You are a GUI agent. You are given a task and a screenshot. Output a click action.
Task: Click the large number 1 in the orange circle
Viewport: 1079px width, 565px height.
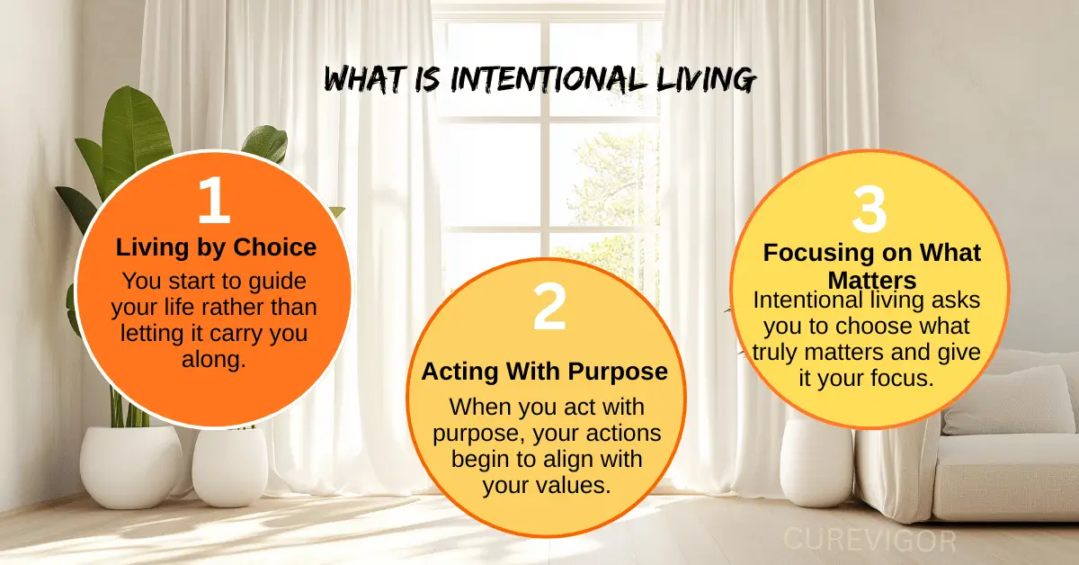[x=214, y=200]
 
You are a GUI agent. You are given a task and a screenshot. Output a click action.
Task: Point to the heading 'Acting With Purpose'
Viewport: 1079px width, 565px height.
[x=545, y=372]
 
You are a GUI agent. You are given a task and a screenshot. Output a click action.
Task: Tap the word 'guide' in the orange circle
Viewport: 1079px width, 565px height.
[x=280, y=280]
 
